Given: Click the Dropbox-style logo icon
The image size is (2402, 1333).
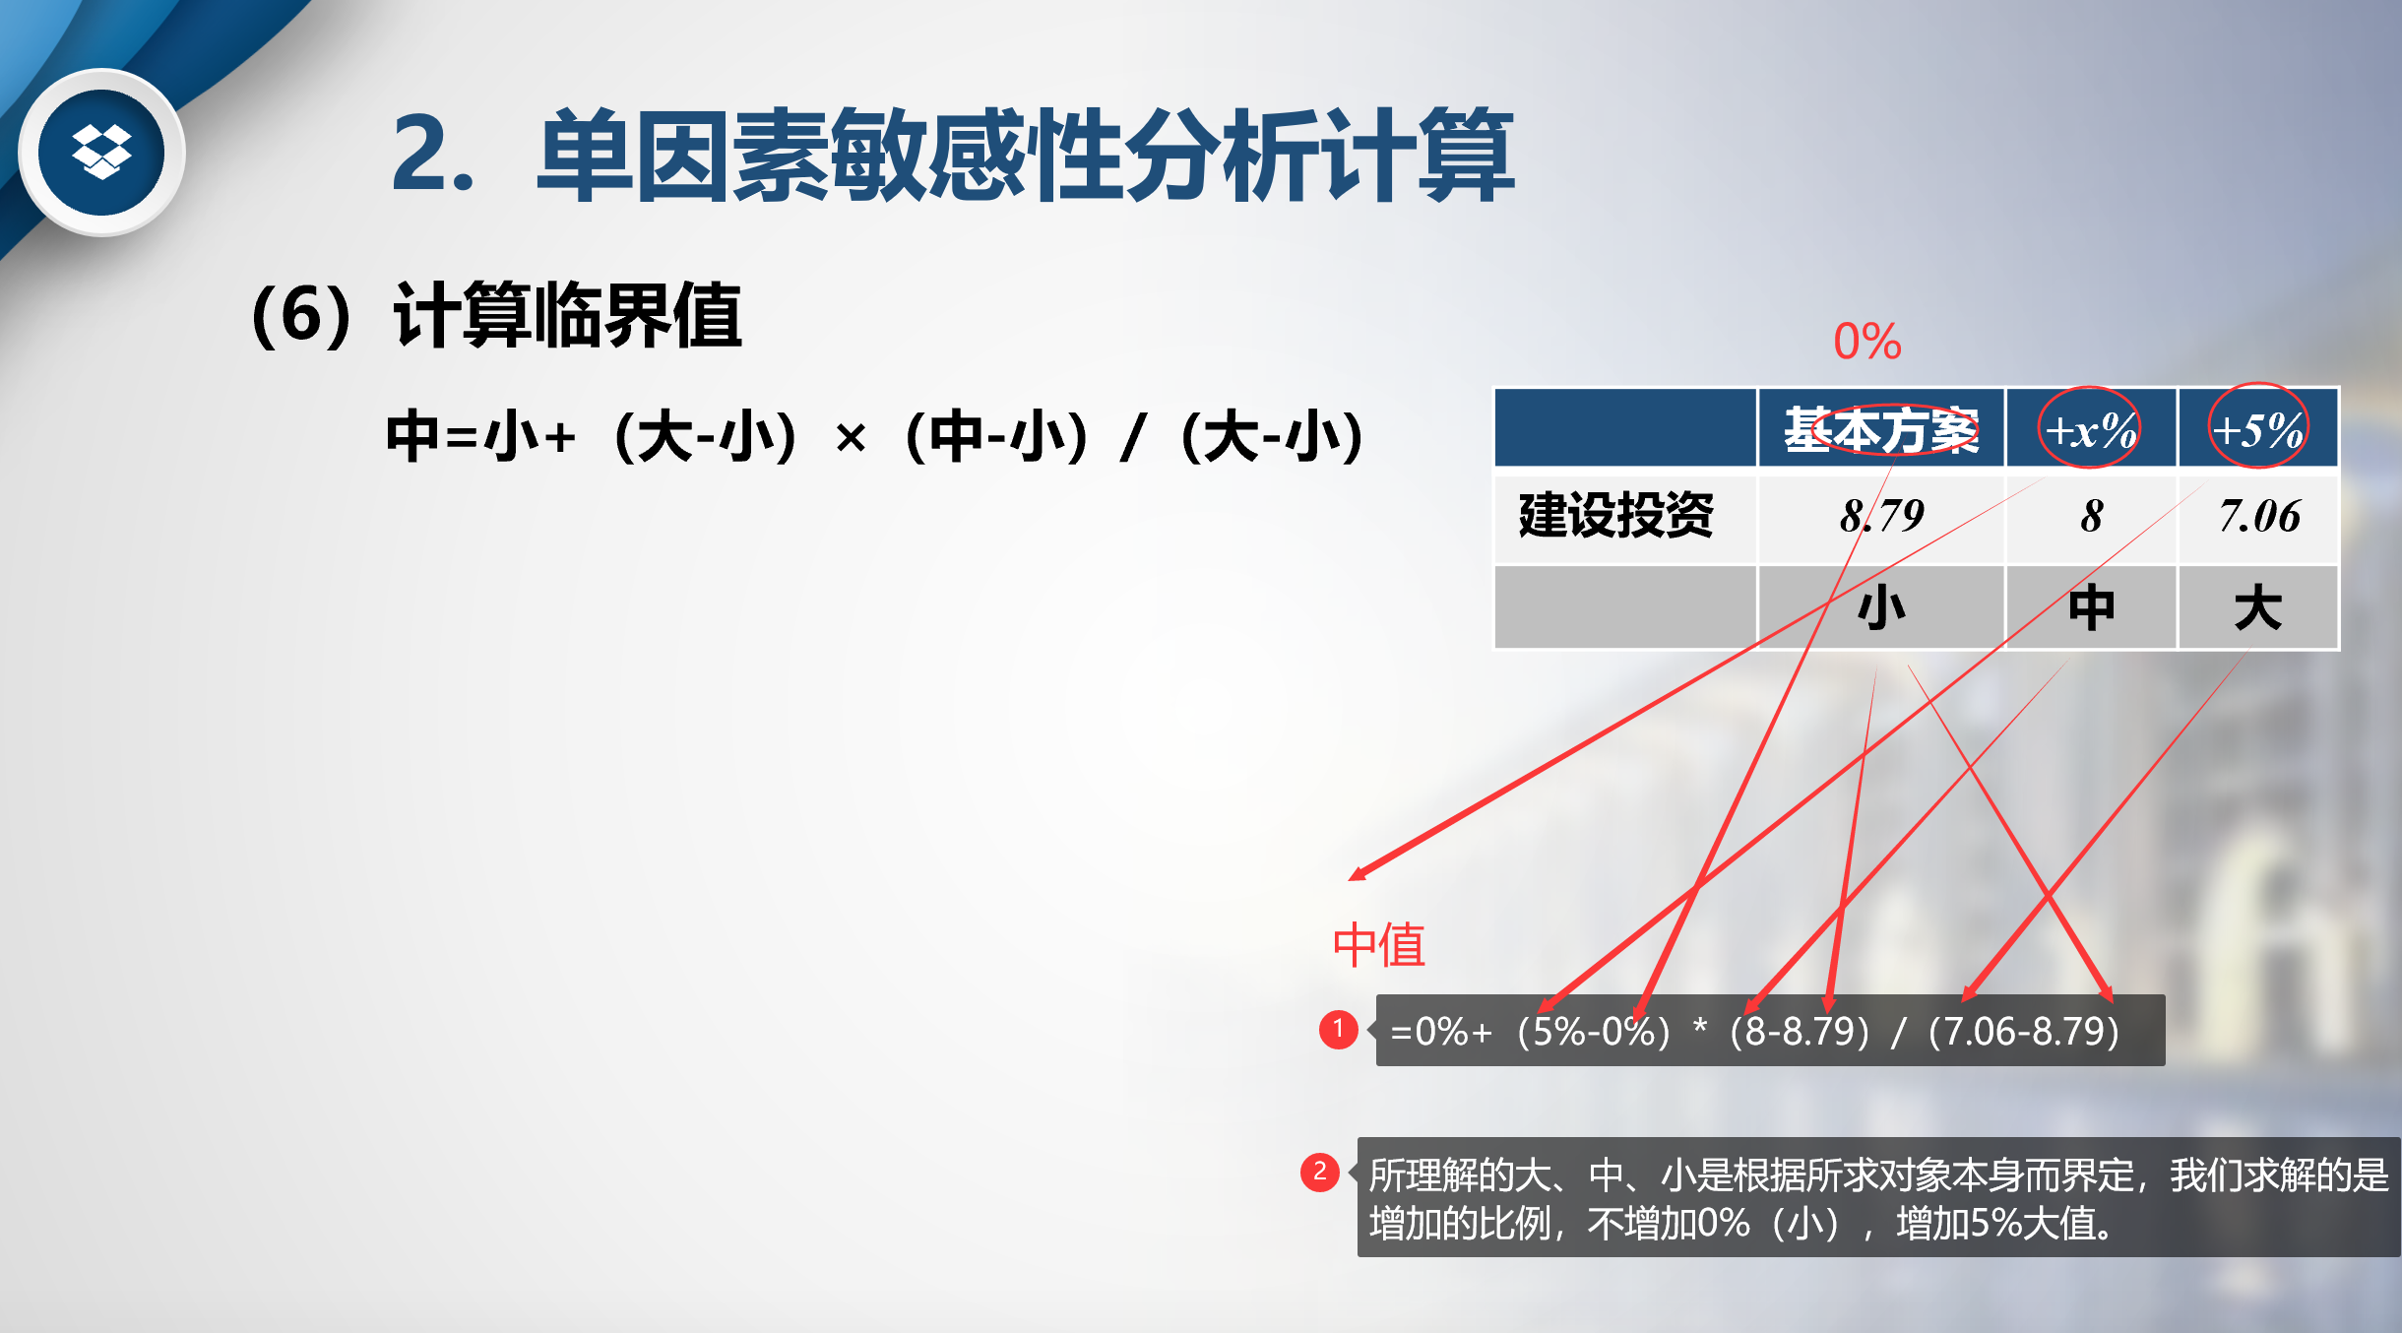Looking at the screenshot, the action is tap(101, 153).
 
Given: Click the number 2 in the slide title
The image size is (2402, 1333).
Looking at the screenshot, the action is tap(421, 153).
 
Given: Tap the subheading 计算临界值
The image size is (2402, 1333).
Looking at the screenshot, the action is tap(567, 315).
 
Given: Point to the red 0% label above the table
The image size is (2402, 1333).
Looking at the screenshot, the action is tap(1866, 342).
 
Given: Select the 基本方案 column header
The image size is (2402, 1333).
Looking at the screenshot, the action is tap(1881, 429).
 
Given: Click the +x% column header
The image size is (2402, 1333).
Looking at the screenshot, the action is tap(2090, 430).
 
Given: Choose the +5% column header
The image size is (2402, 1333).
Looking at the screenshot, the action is tap(2257, 430).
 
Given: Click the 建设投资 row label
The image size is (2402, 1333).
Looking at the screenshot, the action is tap(1616, 515).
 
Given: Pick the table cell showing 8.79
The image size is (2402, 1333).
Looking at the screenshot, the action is tap(1881, 515).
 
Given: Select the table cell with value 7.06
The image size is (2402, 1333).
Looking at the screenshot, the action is tap(2259, 516).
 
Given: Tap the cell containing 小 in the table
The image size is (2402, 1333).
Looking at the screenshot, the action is tap(1881, 607).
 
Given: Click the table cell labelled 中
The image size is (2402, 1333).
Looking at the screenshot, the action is tap(2091, 607).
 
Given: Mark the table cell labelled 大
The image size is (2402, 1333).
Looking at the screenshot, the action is tap(2258, 607).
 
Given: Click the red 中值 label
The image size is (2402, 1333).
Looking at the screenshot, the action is tap(1379, 945).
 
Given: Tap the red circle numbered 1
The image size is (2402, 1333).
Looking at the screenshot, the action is tap(1338, 1029).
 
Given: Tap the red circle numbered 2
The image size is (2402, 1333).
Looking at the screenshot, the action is tap(1320, 1172).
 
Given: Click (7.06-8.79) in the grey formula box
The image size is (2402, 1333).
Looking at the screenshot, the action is tap(2023, 1031).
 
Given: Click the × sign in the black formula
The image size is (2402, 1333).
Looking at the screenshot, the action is tap(851, 437).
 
